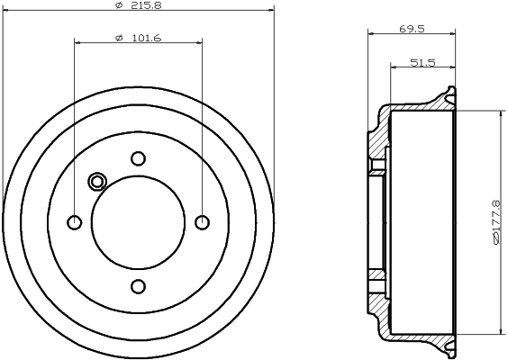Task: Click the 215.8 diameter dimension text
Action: pos(147,4)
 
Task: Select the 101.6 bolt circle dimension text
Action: pos(147,38)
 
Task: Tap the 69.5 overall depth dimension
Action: pos(412,29)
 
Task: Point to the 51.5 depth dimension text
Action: pos(422,62)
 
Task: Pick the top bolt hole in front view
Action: pos(139,158)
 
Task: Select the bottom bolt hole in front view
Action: pos(139,286)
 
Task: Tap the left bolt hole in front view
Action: pos(75,222)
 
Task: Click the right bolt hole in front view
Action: pos(202,222)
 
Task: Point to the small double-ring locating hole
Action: pos(97,182)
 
